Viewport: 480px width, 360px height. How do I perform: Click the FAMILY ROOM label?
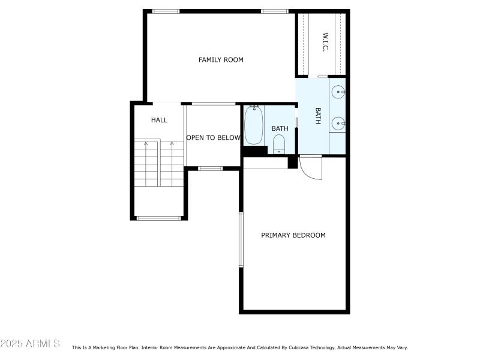coord(221,59)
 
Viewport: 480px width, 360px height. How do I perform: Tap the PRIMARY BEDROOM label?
coord(293,235)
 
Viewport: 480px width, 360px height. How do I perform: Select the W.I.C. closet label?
coord(325,42)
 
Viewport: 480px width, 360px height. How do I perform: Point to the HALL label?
coord(159,120)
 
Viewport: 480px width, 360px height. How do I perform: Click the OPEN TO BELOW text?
coord(214,138)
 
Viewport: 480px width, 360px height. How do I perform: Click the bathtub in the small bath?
coord(254,125)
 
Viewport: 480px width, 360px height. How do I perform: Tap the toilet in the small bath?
coord(279,144)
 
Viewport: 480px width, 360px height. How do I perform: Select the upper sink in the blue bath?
coord(338,92)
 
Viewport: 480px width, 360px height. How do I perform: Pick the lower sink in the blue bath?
coord(338,124)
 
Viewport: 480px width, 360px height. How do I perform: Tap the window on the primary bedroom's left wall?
coord(241,239)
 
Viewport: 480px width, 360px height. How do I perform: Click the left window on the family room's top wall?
coord(166,11)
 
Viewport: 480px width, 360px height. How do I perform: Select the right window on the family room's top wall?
coord(275,11)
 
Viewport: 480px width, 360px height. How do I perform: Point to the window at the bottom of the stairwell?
coord(158,218)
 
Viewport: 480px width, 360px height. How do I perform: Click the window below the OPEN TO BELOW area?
coord(211,169)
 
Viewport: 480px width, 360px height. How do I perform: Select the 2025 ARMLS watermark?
coord(30,343)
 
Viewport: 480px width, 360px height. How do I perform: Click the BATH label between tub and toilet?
coord(280,128)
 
